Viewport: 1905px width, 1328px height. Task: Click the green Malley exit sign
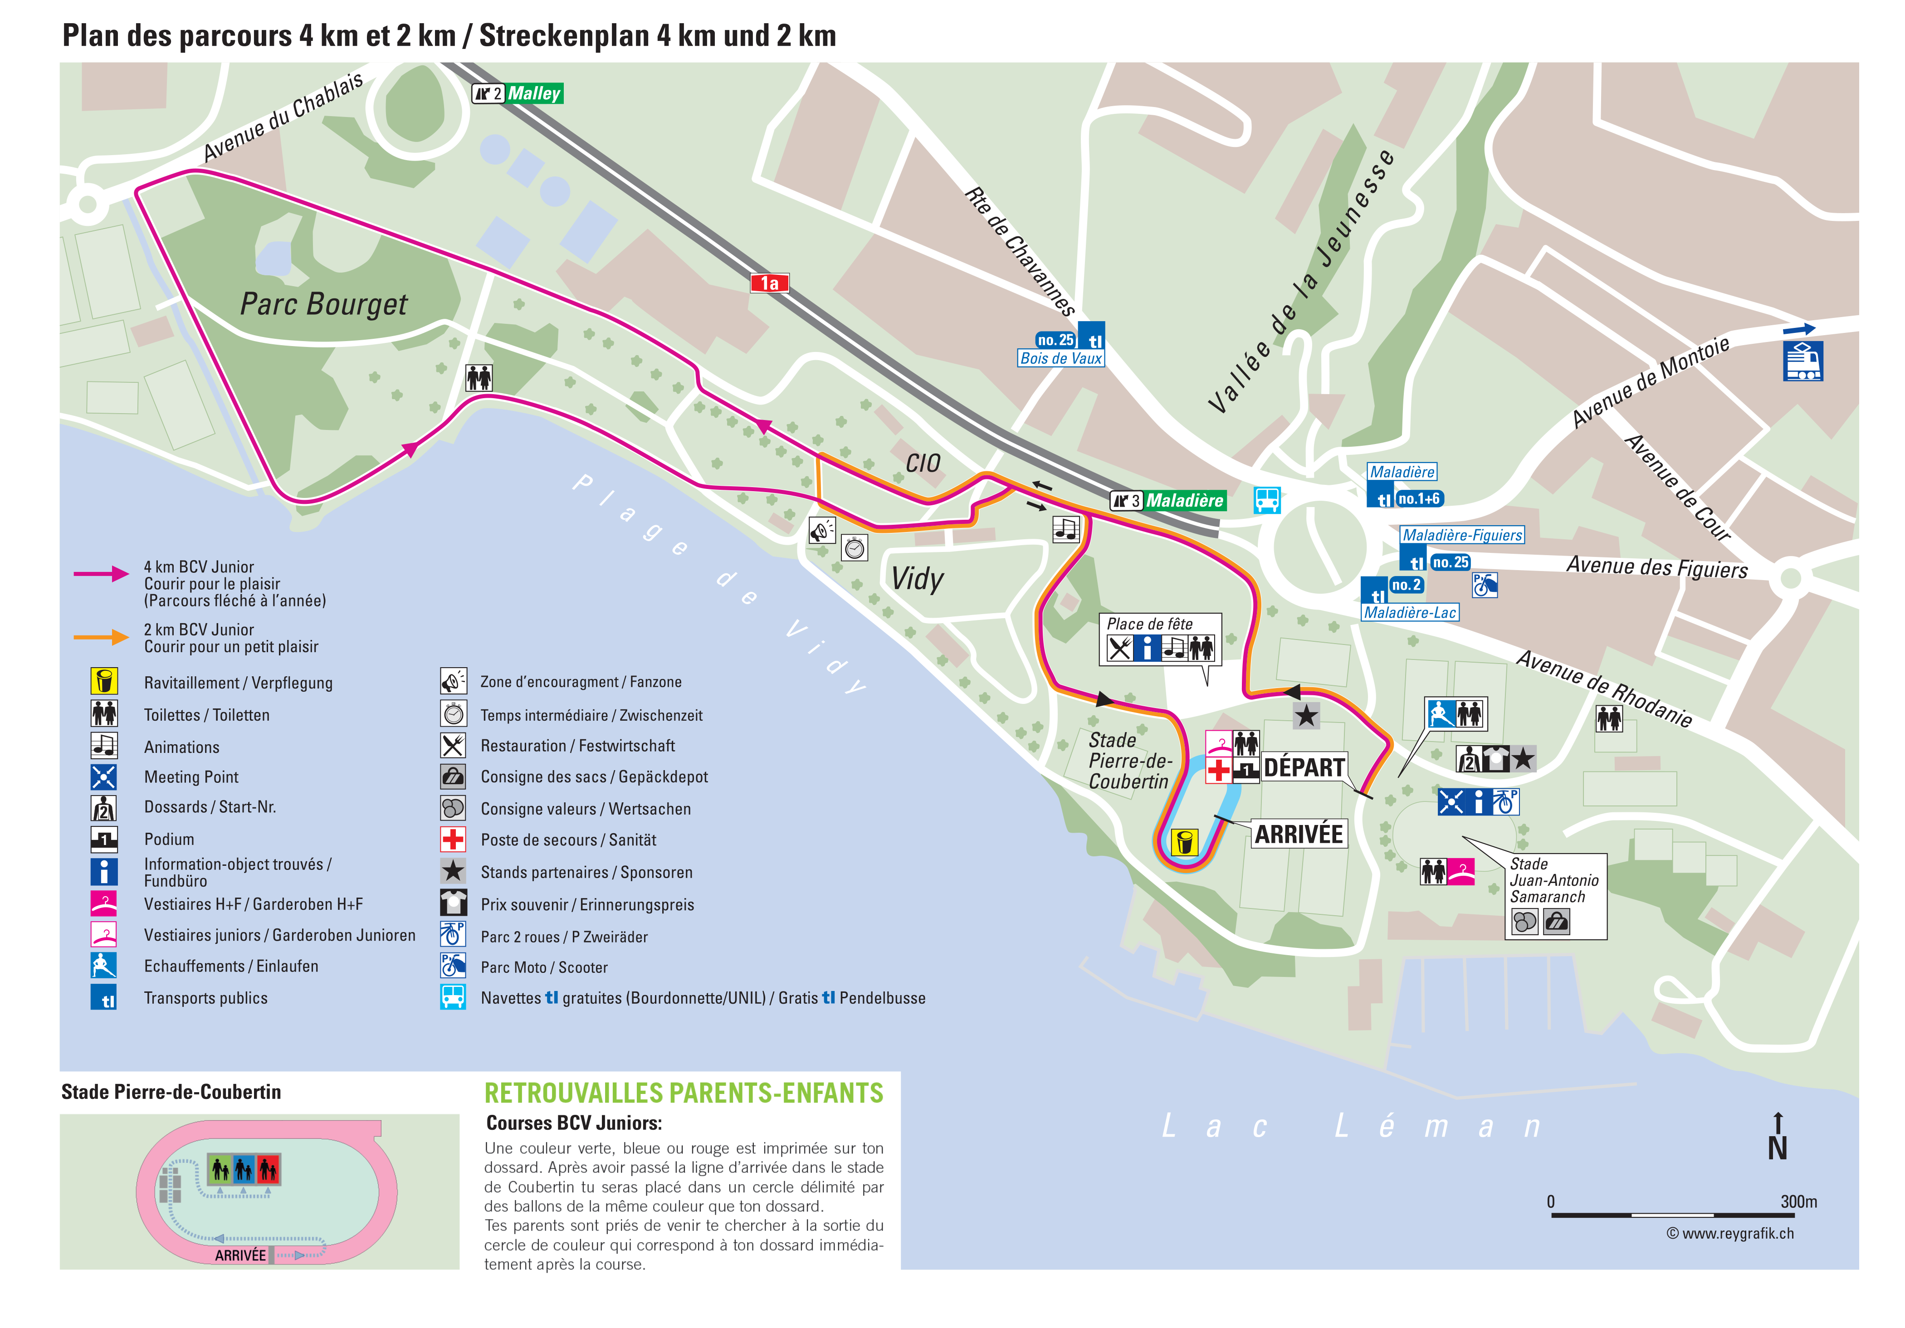pos(533,94)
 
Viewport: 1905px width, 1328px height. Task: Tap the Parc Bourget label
pos(323,304)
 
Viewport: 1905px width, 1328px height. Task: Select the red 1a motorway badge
pos(769,283)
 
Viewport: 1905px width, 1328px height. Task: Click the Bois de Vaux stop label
pos(1060,358)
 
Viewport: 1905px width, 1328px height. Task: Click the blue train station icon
pos(1802,361)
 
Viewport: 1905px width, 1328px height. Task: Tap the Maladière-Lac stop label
pos(1410,613)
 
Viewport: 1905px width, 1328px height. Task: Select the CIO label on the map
pos(923,463)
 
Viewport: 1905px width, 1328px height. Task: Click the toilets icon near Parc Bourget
pos(479,377)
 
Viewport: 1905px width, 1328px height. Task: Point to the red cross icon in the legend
pos(453,840)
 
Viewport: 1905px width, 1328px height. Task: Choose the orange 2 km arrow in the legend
pos(101,637)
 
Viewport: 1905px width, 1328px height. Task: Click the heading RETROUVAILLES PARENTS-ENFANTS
pos(684,1093)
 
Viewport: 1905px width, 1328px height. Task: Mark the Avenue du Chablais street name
pos(283,117)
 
